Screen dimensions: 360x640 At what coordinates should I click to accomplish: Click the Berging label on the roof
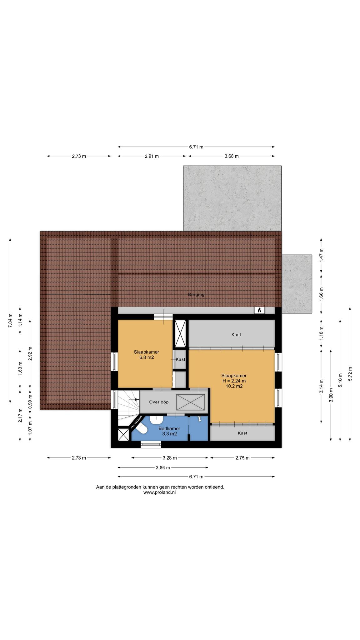pos(196,294)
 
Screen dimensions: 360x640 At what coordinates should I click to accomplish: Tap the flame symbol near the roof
pos(259,310)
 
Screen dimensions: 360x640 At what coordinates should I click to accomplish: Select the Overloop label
pos(159,402)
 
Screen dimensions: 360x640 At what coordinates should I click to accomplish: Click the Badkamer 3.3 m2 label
pos(169,431)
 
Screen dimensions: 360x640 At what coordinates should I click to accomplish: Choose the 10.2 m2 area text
pos(234,386)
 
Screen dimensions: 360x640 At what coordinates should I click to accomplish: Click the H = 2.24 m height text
pos(234,381)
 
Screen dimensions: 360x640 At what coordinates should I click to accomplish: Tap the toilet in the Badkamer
pos(142,429)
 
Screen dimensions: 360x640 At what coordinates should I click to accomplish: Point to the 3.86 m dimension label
pos(163,467)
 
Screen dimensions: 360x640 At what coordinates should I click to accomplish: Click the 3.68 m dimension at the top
pos(232,156)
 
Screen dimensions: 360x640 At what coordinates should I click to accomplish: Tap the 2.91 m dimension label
pos(152,156)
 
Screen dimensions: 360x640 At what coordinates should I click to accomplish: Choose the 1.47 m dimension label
pos(322,255)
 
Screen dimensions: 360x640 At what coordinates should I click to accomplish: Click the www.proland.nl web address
pos(160,492)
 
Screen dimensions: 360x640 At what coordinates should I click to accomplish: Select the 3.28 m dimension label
pos(170,458)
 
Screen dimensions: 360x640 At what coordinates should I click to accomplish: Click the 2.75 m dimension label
pos(242,458)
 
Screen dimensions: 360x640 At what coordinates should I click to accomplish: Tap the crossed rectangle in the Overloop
pos(191,402)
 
